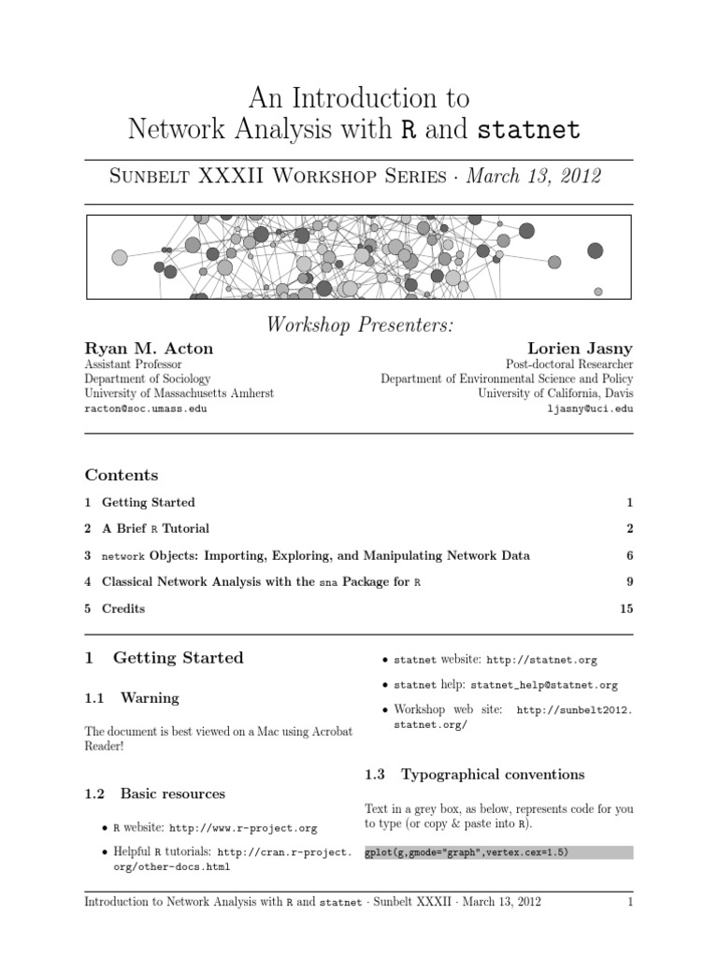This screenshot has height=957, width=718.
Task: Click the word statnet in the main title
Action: [x=529, y=131]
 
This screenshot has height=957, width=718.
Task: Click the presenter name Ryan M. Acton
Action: [x=149, y=349]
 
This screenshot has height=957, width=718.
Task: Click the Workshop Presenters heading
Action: [x=359, y=324]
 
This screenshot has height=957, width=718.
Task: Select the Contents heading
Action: [x=122, y=475]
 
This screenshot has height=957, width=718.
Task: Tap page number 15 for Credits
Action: [x=625, y=608]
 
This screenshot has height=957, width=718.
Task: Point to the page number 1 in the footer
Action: [x=630, y=903]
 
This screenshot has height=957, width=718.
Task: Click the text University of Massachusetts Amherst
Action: [x=179, y=393]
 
